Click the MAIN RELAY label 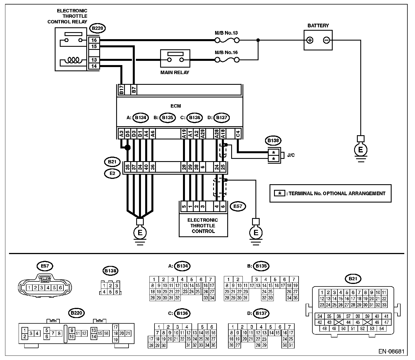(x=175, y=72)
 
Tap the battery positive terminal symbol (x=310, y=40)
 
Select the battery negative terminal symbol (x=326, y=40)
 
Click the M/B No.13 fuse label (x=226, y=33)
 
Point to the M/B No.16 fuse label (x=226, y=52)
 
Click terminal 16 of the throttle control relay (x=94, y=40)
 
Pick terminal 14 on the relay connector (x=94, y=66)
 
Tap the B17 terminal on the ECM (x=121, y=90)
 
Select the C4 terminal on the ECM (x=238, y=134)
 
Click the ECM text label (x=176, y=106)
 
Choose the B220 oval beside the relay (x=97, y=28)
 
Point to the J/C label (x=291, y=155)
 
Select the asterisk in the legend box (x=279, y=193)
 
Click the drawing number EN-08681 (x=391, y=351)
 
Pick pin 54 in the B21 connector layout (x=381, y=328)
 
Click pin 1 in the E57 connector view (x=29, y=288)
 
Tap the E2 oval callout (x=112, y=174)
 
